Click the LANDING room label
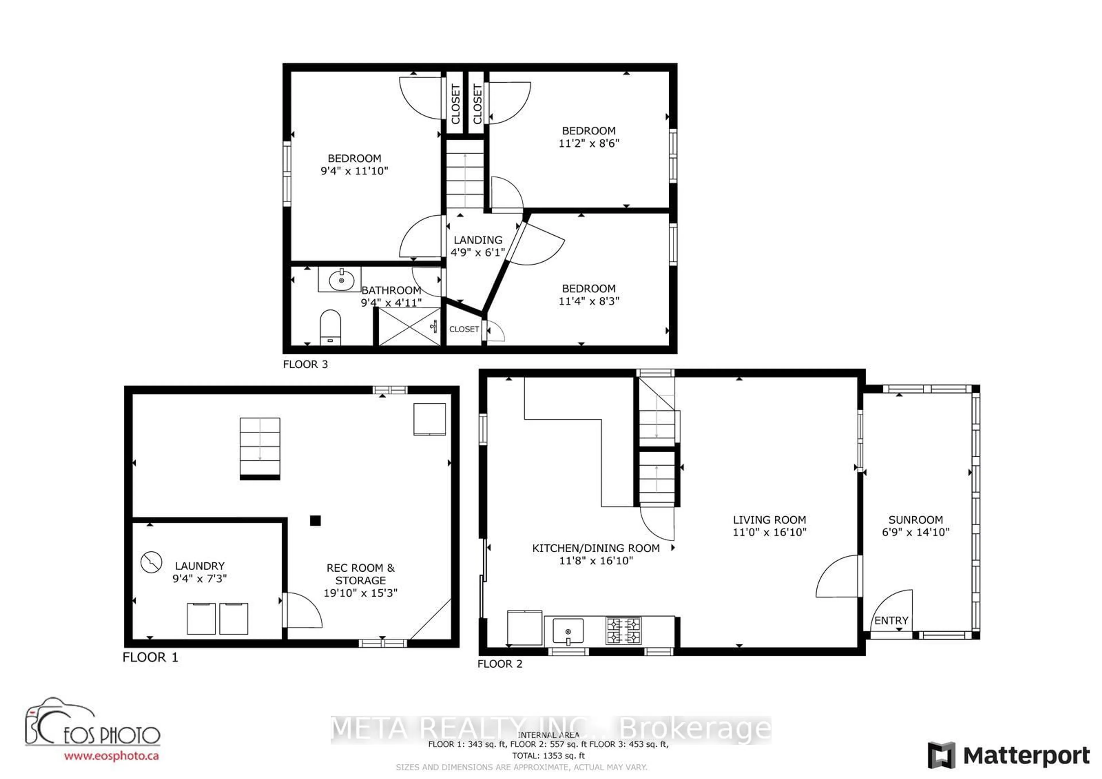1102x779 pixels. pyautogui.click(x=478, y=240)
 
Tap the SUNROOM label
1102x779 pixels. pyautogui.click(x=915, y=520)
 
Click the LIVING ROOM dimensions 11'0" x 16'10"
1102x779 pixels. pyautogui.click(x=769, y=532)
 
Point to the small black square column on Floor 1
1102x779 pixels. pyautogui.click(x=315, y=520)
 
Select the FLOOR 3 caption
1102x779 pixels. pyautogui.click(x=305, y=364)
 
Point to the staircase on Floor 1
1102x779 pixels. pyautogui.click(x=260, y=448)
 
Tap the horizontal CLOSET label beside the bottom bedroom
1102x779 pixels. pyautogui.click(x=464, y=329)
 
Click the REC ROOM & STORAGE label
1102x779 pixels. pyautogui.click(x=360, y=574)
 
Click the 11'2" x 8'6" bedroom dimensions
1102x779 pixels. pyautogui.click(x=589, y=143)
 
